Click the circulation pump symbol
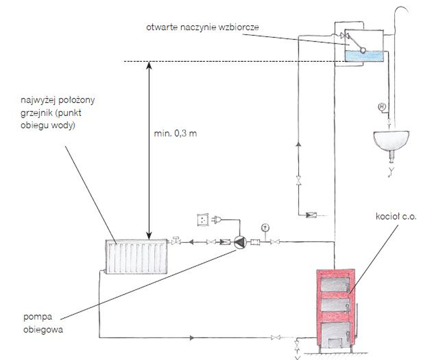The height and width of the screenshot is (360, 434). tap(240, 242)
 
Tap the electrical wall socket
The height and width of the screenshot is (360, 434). tap(203, 220)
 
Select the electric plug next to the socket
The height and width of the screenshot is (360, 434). tap(216, 220)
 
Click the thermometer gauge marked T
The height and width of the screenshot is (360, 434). tap(265, 228)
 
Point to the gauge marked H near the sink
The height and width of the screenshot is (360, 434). tap(382, 107)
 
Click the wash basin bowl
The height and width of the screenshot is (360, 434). tap(391, 141)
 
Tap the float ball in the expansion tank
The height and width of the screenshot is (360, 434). tap(363, 50)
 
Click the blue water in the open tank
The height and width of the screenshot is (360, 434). tap(364, 56)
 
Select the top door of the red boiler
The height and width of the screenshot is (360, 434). tap(335, 284)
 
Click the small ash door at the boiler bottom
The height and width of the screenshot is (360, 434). tap(335, 343)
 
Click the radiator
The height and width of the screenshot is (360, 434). tap(136, 256)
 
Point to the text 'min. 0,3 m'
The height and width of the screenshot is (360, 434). tap(175, 134)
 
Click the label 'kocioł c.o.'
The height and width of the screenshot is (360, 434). tap(396, 216)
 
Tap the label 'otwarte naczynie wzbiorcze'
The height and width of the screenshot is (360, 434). tap(203, 28)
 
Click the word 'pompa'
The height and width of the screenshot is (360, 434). tap(38, 317)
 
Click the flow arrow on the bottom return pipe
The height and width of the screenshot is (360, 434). tap(192, 338)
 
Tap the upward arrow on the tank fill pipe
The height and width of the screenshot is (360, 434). tap(298, 144)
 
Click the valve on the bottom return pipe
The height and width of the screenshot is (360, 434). tap(275, 338)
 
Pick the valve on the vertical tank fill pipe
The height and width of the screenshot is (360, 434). tap(298, 180)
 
